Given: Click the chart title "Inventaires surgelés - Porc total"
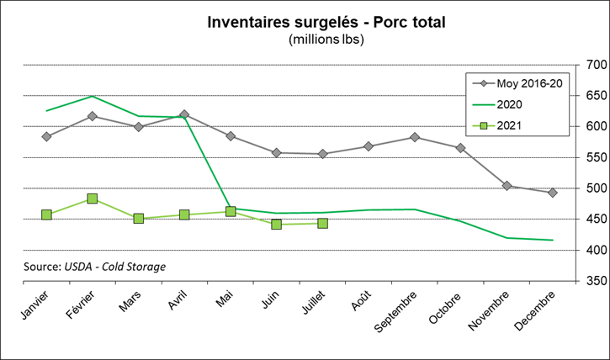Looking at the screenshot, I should coord(326,21).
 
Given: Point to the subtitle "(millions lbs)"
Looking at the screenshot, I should coord(326,39).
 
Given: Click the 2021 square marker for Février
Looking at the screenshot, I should coord(93,199).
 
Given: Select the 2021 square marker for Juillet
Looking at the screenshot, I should coord(322,223).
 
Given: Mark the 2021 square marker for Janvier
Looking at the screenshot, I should coord(46,214).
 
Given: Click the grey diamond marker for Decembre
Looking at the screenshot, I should coord(553,193).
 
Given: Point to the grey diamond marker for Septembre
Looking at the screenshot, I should coord(415,137).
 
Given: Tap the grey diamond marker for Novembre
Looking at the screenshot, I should coord(507,186).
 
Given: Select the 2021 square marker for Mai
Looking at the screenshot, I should coord(231,212).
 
